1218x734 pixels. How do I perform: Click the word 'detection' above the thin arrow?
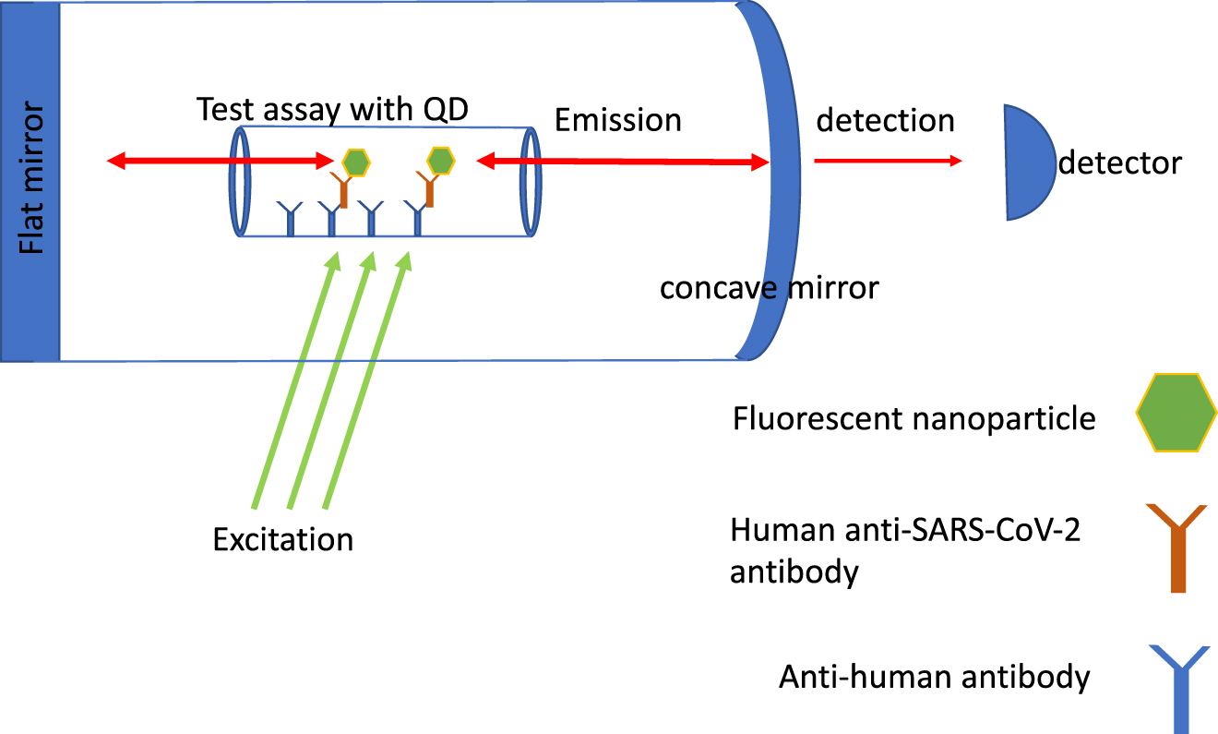pos(885,121)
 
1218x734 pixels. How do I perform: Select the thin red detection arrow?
pos(887,161)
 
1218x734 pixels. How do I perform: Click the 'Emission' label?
pos(618,120)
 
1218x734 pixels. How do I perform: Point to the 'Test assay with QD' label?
pos(333,110)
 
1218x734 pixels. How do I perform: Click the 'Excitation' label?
pos(283,538)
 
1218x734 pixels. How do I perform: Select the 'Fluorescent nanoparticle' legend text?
pos(914,419)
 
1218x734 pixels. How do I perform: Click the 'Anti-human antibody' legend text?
pos(935,678)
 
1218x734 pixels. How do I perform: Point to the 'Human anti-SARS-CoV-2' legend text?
pos(904,531)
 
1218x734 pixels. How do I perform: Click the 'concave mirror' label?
pos(770,288)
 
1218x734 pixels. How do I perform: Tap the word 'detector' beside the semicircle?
pos(1119,163)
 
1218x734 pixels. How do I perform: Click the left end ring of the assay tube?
pos(240,182)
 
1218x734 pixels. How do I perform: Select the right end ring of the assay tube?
pos(531,182)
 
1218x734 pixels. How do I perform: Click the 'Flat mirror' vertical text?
pos(30,180)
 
